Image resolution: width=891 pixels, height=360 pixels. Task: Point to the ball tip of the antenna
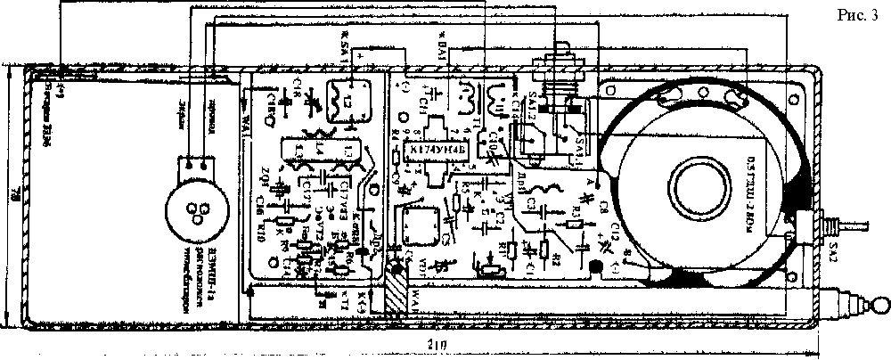879,306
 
